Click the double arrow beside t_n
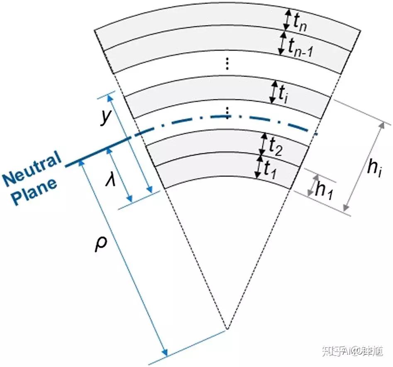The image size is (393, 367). tap(286, 19)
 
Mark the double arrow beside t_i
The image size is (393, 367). tap(273, 92)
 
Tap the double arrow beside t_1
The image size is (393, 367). tap(259, 168)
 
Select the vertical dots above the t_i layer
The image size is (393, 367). tap(227, 63)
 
